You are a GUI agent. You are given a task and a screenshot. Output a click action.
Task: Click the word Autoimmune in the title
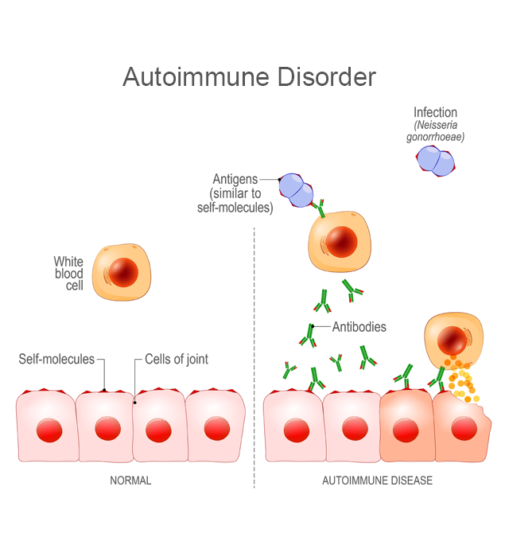pyautogui.click(x=196, y=76)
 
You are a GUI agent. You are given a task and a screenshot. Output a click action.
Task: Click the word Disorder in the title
pyautogui.click(x=327, y=76)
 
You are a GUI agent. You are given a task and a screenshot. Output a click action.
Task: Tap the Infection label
pyautogui.click(x=435, y=112)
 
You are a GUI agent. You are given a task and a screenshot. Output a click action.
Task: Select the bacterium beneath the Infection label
pyautogui.click(x=436, y=161)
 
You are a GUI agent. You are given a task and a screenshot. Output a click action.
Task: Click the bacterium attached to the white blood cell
pyautogui.click(x=296, y=190)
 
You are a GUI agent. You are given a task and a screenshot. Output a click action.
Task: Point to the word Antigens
pyautogui.click(x=235, y=179)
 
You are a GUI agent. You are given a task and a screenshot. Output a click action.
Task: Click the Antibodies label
pyautogui.click(x=359, y=327)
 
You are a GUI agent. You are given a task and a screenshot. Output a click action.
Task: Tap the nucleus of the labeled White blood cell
pyautogui.click(x=123, y=272)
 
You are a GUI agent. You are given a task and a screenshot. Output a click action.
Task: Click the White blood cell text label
pyautogui.click(x=69, y=274)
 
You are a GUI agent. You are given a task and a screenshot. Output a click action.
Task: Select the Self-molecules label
pyautogui.click(x=56, y=359)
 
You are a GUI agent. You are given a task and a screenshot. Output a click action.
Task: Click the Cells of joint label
pyautogui.click(x=177, y=359)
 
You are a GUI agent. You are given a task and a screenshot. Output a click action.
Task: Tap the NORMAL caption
pyautogui.click(x=130, y=481)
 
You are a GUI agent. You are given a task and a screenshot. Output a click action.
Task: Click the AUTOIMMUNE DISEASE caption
pyautogui.click(x=377, y=481)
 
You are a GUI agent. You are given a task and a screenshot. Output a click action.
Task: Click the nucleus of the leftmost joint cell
pyautogui.click(x=49, y=430)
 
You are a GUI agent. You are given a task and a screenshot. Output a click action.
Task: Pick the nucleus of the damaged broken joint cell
pyautogui.click(x=464, y=429)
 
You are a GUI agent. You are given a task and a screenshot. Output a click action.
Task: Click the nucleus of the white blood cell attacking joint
pyautogui.click(x=453, y=341)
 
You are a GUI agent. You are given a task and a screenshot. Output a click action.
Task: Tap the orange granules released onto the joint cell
pyautogui.click(x=461, y=380)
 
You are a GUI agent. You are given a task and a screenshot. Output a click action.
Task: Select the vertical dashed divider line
pyautogui.click(x=254, y=357)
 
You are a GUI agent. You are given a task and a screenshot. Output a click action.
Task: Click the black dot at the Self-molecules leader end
pyautogui.click(x=104, y=390)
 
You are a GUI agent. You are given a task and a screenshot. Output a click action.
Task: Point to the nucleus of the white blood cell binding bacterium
pyautogui.click(x=341, y=243)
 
